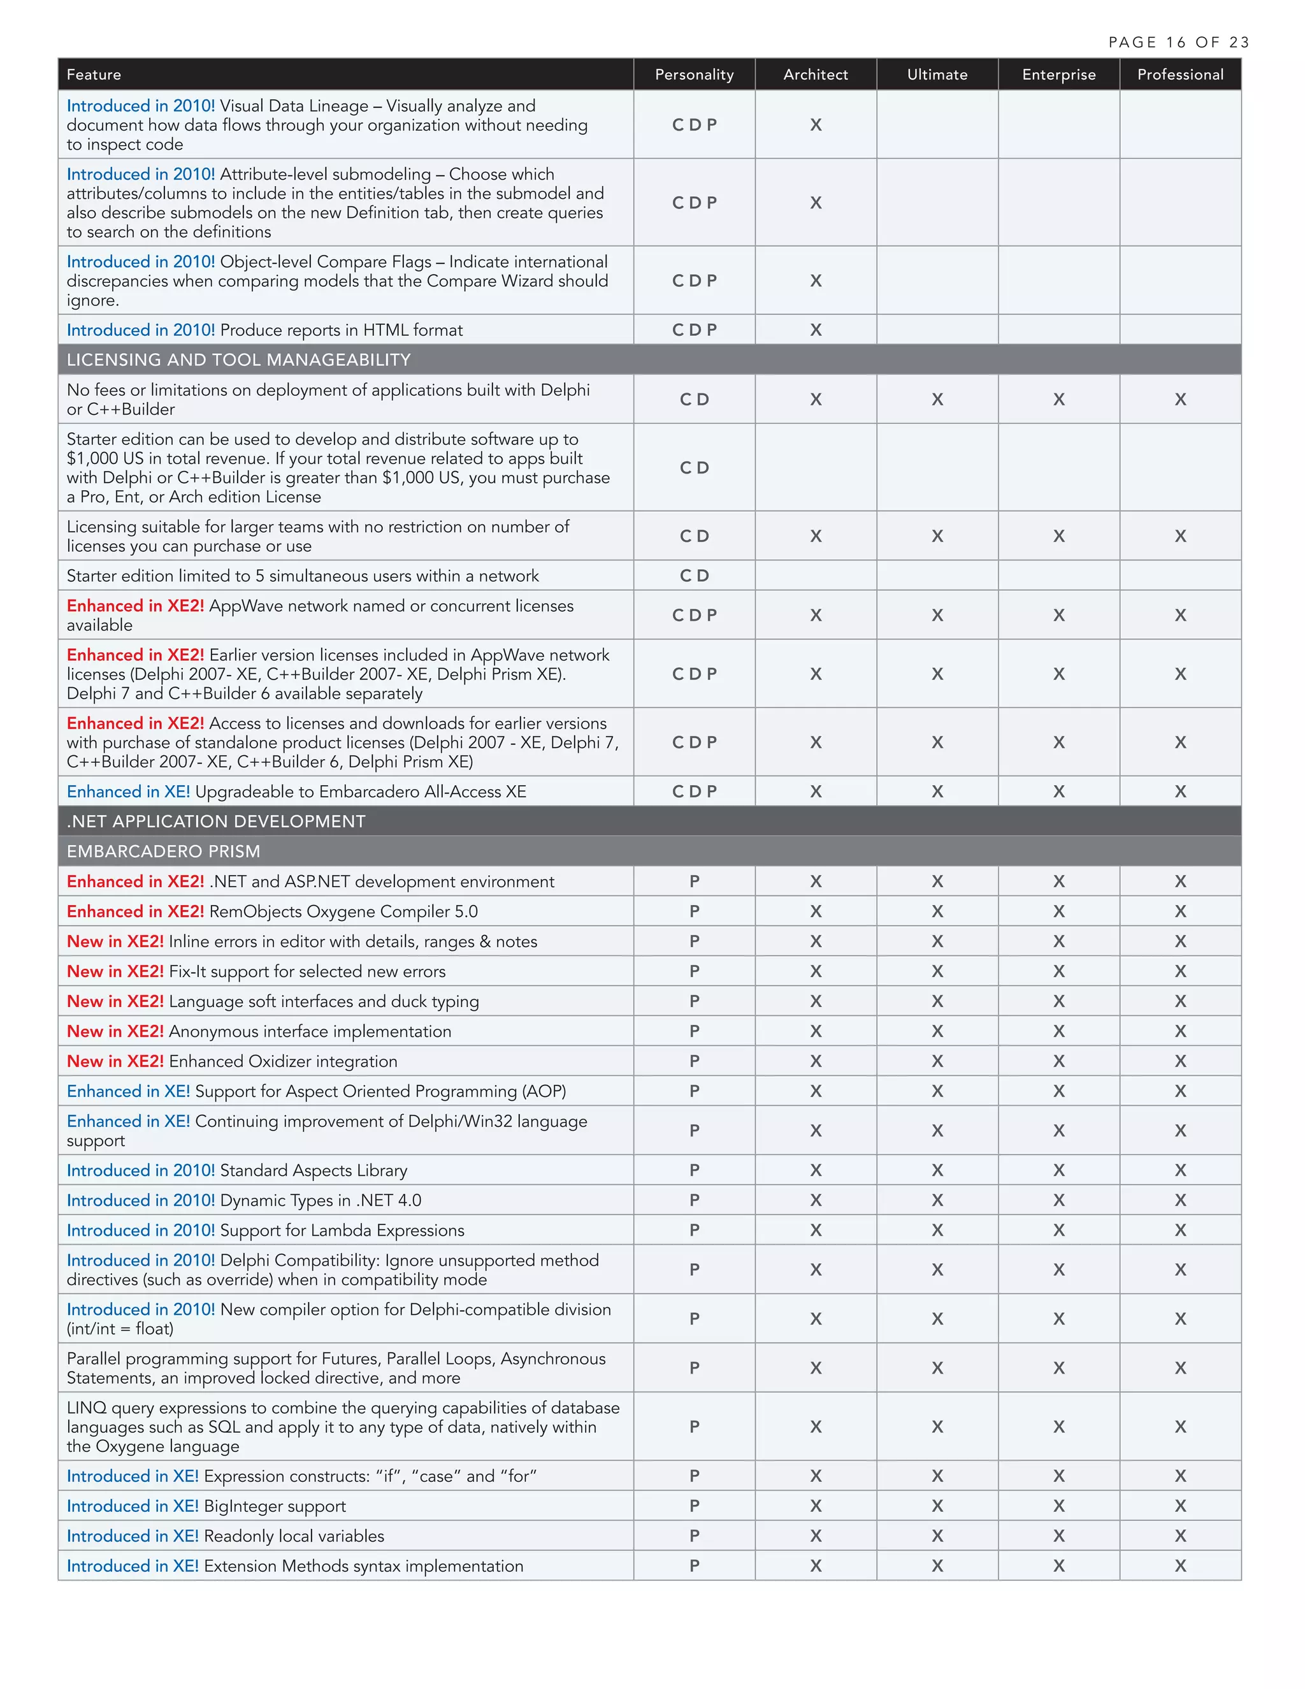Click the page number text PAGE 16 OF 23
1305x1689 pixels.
pos(1178,43)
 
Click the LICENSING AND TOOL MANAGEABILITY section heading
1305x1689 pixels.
pos(238,359)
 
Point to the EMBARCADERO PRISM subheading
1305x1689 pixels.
pos(163,852)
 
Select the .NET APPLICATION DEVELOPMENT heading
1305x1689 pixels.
pos(216,822)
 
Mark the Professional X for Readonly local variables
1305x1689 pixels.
pos(1179,1537)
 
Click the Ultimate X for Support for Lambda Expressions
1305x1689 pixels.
pos(937,1230)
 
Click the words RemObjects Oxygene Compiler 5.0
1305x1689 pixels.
pos(343,912)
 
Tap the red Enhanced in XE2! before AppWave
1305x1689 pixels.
pos(135,606)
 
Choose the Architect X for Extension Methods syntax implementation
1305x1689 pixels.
pos(816,1567)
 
